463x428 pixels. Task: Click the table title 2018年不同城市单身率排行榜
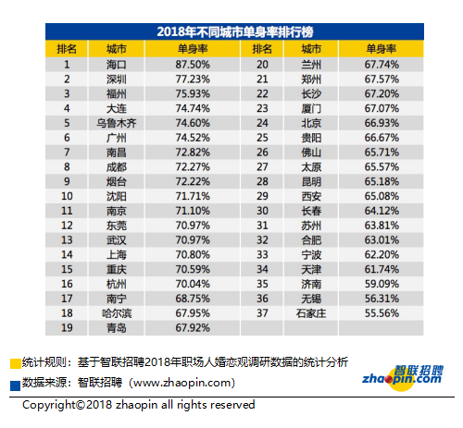click(235, 31)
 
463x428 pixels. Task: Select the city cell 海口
click(117, 65)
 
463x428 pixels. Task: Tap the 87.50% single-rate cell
click(193, 65)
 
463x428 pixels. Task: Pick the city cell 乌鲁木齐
click(117, 123)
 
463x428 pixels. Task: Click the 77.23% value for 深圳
click(193, 79)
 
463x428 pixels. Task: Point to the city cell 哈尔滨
click(117, 313)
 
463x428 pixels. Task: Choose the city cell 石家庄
click(311, 313)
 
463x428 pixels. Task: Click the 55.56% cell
click(382, 313)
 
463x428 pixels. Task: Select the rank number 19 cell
click(67, 328)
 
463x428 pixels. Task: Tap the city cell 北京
click(311, 123)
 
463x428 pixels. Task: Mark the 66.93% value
click(382, 123)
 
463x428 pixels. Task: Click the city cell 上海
click(117, 255)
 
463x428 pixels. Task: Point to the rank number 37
click(262, 313)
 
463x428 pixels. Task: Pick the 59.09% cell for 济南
click(382, 284)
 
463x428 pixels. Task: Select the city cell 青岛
click(117, 328)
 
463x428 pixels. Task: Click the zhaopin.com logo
click(403, 378)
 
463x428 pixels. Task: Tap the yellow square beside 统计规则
click(16, 363)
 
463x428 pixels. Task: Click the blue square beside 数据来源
click(16, 385)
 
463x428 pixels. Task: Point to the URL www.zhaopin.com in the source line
click(182, 383)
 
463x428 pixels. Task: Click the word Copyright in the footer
click(49, 405)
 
